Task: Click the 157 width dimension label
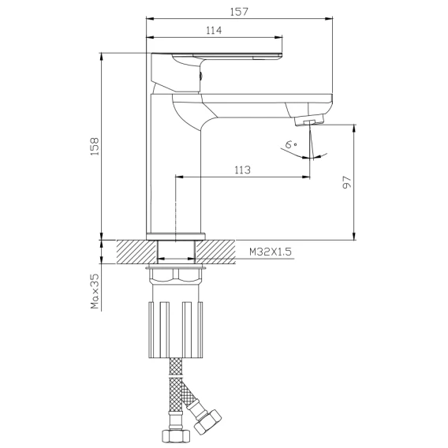pos(239,12)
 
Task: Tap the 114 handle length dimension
pos(214,30)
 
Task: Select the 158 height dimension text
pos(95,147)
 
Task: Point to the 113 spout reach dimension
pos(242,170)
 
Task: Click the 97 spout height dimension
pos(346,182)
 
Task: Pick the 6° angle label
pos(291,144)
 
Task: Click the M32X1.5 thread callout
pos(271,252)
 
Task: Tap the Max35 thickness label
pos(95,291)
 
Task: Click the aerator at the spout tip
pos(309,120)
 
